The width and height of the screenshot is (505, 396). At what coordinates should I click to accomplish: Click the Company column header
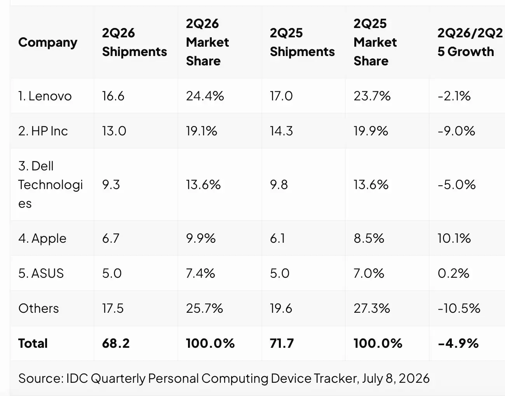[x=48, y=43]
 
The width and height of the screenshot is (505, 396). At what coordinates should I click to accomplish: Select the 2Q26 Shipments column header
[x=134, y=42]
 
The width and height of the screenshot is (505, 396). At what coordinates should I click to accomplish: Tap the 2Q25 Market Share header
[x=375, y=42]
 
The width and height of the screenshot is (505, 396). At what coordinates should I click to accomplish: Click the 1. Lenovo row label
[x=45, y=96]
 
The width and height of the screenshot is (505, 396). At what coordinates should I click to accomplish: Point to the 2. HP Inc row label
[x=43, y=131]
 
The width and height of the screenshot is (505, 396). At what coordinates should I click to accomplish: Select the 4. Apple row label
[x=42, y=238]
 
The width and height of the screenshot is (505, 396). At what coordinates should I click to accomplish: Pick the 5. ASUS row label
[x=41, y=273]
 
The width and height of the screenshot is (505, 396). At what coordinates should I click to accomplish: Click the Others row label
[x=38, y=308]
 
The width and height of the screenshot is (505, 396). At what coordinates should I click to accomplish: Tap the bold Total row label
[x=33, y=343]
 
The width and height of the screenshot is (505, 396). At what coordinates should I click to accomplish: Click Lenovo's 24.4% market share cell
[x=205, y=96]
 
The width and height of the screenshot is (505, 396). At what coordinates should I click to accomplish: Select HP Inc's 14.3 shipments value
[x=281, y=131]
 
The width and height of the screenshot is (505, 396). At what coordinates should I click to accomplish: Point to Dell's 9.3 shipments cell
[x=111, y=185]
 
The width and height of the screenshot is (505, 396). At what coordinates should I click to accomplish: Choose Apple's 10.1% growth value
[x=454, y=238]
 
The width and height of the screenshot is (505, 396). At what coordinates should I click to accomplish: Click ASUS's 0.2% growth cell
[x=453, y=273]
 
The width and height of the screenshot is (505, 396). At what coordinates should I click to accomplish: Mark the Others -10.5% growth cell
[x=459, y=308]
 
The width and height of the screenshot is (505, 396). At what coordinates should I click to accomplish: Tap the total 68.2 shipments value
[x=116, y=343]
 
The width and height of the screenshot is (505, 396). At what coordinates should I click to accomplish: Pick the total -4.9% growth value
[x=458, y=343]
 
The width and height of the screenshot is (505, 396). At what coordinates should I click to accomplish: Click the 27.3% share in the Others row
[x=372, y=308]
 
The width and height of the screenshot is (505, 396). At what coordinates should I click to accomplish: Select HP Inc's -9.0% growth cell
[x=456, y=131]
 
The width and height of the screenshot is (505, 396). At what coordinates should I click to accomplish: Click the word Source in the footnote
[x=41, y=378]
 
